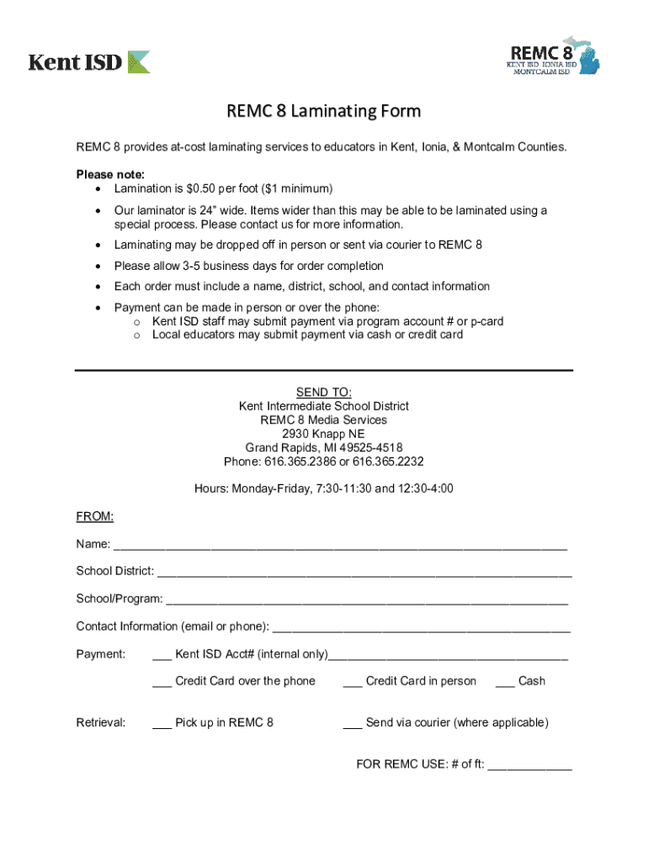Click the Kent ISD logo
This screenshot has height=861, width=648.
89,61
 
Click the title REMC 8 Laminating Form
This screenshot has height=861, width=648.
323,111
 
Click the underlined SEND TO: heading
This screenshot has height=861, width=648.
323,393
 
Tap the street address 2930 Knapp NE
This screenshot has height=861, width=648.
323,433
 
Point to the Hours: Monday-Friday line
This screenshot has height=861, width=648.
323,489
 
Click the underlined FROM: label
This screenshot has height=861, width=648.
94,515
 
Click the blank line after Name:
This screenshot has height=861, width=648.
340,546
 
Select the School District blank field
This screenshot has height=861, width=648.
364,572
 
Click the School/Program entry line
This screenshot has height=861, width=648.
367,600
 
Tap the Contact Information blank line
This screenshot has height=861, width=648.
422,627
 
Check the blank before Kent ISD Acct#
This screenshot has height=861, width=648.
162,655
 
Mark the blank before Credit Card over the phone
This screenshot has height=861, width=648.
162,682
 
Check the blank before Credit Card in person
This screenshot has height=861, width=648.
353,682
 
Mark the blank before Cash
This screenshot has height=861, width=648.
505,682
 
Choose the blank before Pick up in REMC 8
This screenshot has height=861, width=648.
162,723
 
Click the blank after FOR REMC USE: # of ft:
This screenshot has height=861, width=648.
529,766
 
